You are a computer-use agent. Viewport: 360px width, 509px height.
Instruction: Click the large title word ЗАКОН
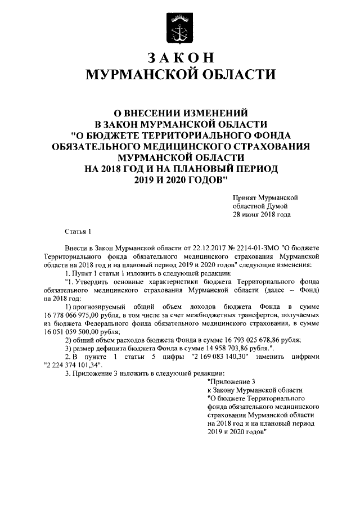tap(180, 58)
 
